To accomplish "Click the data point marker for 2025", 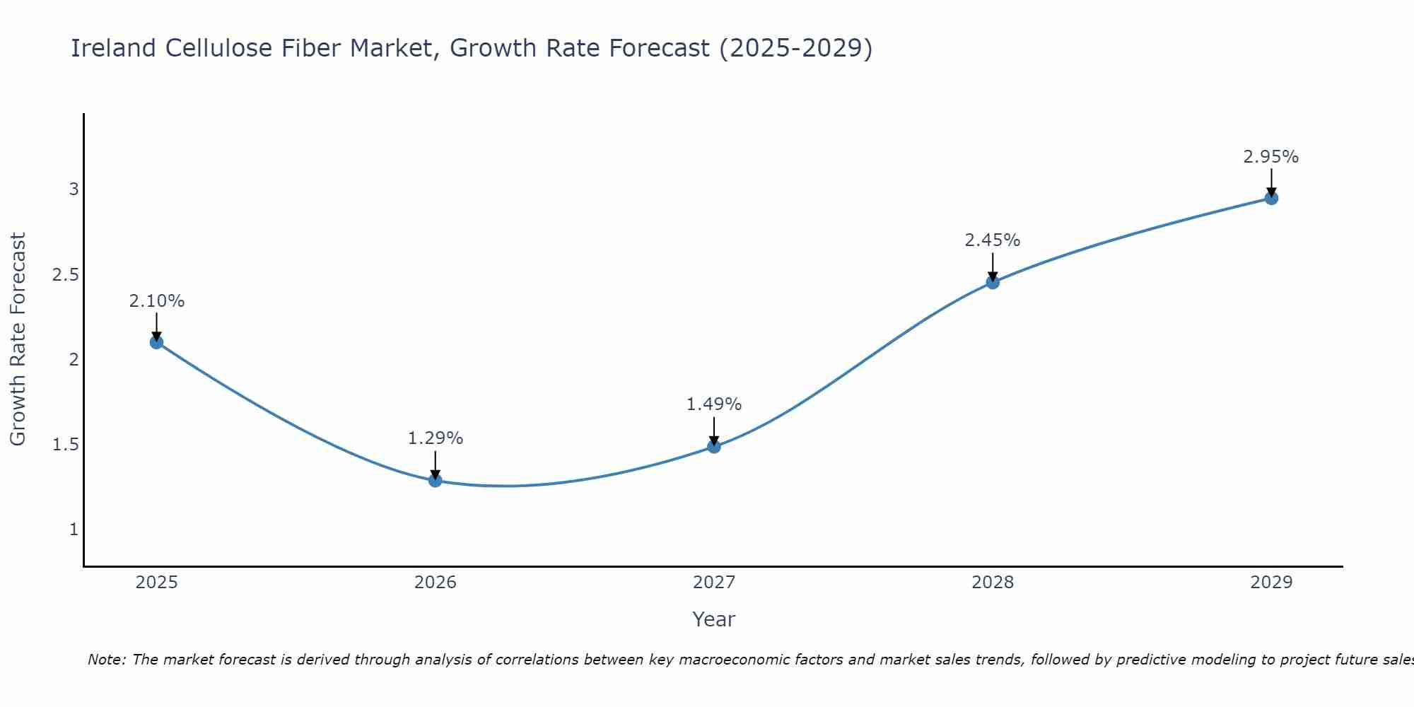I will click(x=157, y=342).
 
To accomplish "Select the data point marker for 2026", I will click(x=436, y=481).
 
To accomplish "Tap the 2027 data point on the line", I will click(x=714, y=446).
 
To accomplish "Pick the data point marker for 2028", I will click(x=993, y=283).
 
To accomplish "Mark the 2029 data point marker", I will click(x=1271, y=198).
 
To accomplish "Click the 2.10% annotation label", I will click(x=157, y=301).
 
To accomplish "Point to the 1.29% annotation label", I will click(x=436, y=438).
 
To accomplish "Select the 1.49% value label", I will click(x=714, y=404).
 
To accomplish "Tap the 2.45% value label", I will click(x=993, y=240).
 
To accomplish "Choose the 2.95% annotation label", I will click(x=1271, y=157).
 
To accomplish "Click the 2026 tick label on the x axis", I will click(x=436, y=583).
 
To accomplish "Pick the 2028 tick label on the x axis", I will click(x=993, y=583).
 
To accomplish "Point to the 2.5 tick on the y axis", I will click(x=66, y=275).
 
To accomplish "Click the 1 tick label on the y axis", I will click(x=74, y=530).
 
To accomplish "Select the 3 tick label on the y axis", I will click(x=74, y=189).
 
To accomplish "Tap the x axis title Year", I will click(x=714, y=619).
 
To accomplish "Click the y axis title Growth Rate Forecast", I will click(x=18, y=339).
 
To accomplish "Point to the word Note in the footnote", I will click(x=106, y=660).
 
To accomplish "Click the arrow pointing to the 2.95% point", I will click(x=1271, y=182).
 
